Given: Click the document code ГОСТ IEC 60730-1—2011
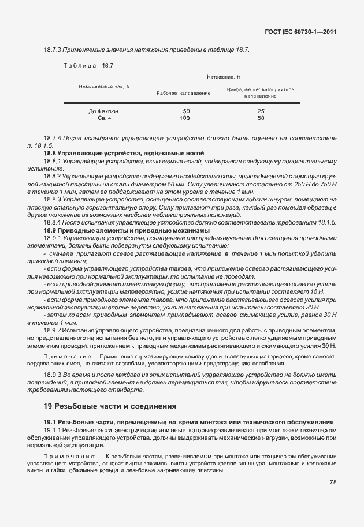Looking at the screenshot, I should coord(301,32).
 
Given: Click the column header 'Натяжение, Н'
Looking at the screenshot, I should coord(223,77).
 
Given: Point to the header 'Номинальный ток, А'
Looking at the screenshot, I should coord(104,85).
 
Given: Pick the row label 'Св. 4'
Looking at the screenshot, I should coord(104,118).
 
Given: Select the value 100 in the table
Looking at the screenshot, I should coord(185,118).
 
